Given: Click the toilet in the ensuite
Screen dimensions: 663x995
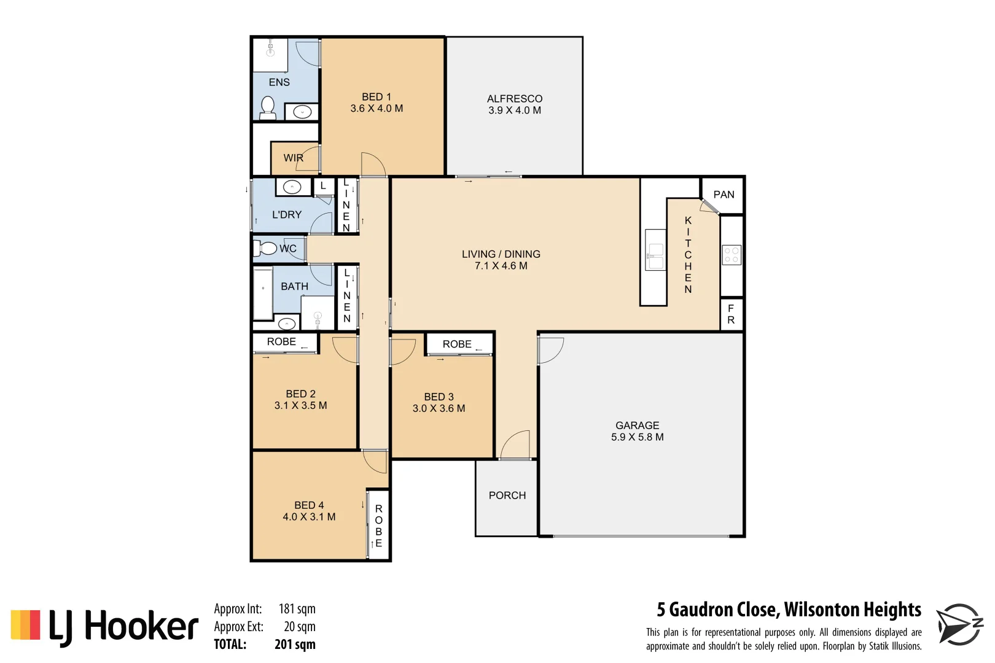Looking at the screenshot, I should click(267, 107).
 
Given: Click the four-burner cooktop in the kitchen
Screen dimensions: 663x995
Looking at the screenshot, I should click(731, 255).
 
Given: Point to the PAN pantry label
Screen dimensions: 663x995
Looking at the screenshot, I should click(724, 195).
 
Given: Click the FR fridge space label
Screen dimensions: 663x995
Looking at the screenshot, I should click(730, 314).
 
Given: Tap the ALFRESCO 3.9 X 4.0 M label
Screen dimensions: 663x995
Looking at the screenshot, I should click(515, 104).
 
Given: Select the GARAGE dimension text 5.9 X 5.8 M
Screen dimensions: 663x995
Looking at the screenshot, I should click(637, 437).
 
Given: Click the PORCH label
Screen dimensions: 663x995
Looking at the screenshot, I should click(507, 495).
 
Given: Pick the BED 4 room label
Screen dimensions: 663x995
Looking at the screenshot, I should click(309, 505).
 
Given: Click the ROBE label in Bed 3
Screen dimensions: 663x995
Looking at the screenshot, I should click(457, 344).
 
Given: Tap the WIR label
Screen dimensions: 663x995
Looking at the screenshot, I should click(293, 158).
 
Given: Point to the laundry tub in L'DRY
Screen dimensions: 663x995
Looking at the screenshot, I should click(292, 187).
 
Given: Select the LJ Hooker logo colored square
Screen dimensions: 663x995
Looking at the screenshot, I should click(25, 625).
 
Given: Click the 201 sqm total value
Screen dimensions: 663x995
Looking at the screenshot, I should click(295, 645).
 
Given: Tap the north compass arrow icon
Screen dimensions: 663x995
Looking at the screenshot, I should click(958, 624).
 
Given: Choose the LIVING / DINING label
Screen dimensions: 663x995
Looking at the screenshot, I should click(501, 254).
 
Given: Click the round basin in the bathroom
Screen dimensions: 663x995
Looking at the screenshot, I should click(287, 324).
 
